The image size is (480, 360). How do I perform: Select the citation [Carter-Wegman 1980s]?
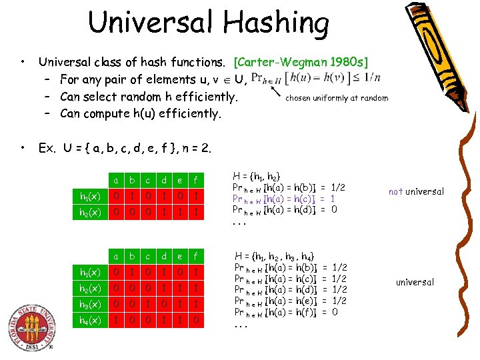point(301,63)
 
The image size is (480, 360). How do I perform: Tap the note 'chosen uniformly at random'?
point(337,98)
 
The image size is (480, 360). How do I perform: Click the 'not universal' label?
point(415,191)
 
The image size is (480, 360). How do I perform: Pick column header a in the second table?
point(117,256)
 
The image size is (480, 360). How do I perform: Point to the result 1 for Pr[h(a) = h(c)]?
point(333,199)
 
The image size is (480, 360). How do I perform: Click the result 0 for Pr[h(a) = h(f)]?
point(334,312)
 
